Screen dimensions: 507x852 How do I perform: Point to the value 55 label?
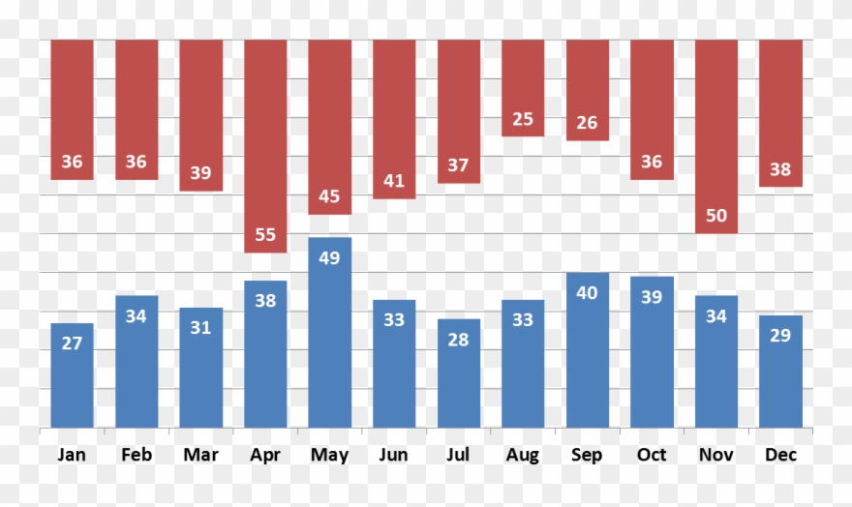(265, 235)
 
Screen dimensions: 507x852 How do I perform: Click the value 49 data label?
(330, 257)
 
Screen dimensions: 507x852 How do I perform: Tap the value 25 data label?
(523, 119)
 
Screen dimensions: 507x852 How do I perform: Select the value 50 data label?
(716, 216)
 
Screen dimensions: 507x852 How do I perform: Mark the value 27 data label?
(72, 343)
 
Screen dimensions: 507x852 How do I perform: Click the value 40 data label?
(588, 292)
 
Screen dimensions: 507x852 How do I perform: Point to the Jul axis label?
(459, 455)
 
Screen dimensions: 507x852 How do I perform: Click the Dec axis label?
(780, 455)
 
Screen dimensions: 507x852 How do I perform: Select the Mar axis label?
(200, 455)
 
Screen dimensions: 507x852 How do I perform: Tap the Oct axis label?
(652, 455)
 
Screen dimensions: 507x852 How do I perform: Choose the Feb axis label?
(137, 455)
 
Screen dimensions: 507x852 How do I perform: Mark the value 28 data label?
(459, 340)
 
